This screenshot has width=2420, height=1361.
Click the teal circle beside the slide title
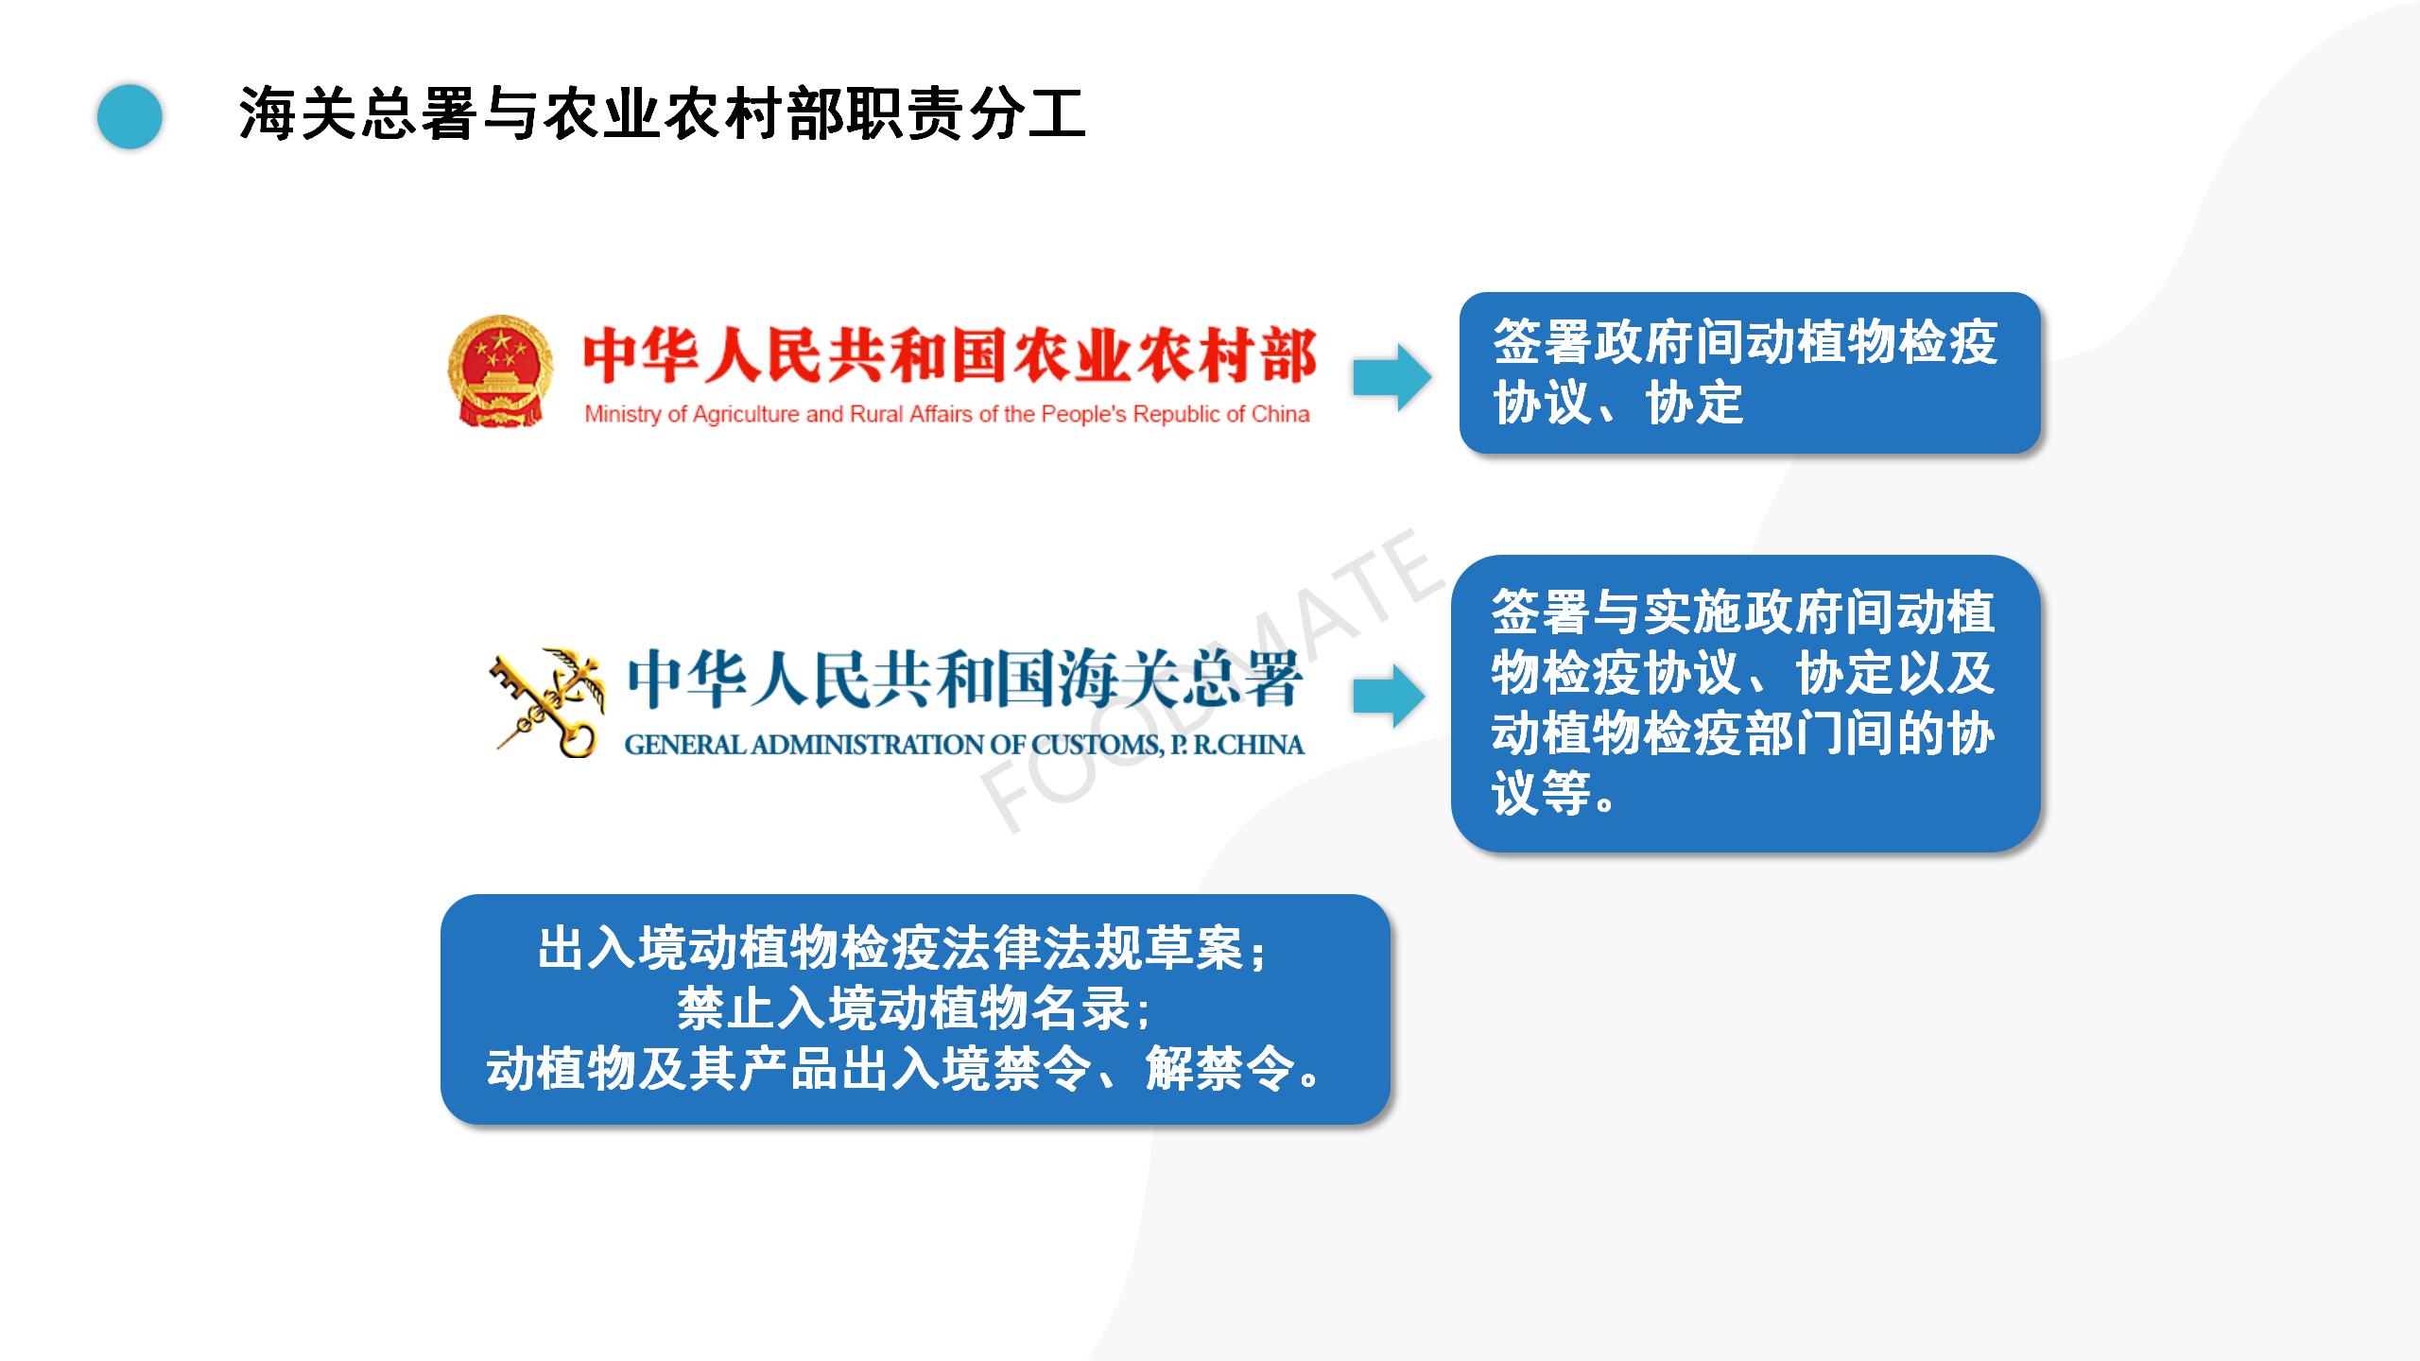pos(130,116)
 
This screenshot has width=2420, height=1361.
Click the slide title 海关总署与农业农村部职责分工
pos(663,115)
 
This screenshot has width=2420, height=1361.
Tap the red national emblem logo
pos(500,370)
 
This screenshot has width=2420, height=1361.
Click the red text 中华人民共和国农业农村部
pos(949,356)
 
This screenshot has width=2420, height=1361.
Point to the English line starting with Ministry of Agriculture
pos(947,414)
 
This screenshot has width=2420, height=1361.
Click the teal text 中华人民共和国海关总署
pos(965,680)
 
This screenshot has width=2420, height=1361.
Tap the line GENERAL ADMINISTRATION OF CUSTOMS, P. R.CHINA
pos(964,745)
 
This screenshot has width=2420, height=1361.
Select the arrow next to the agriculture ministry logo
pos(1391,376)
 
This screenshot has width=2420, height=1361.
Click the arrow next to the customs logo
pos(1389,697)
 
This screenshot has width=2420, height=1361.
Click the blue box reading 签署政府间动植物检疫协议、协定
pos(1750,372)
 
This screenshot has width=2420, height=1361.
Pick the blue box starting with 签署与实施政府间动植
pos(1746,703)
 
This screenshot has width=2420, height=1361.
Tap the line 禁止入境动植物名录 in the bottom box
pos(914,1009)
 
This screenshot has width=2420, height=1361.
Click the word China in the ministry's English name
pos(1281,414)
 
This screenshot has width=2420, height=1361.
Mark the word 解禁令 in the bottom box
pos(1219,1069)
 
